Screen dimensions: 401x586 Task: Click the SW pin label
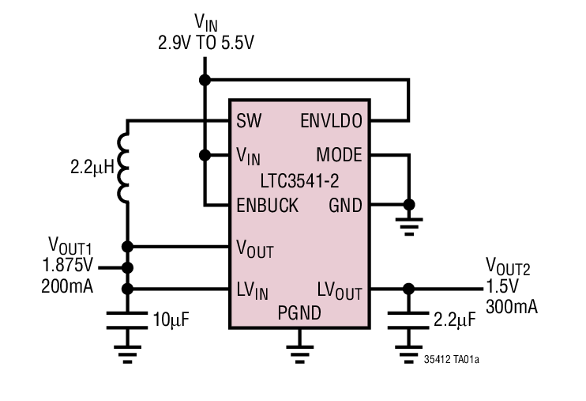[x=248, y=121]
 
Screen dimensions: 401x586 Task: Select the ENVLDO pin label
[x=332, y=121]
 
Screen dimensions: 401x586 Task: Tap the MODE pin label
[x=339, y=155]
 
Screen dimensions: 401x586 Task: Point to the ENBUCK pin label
[x=267, y=206]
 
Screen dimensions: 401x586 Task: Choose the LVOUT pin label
[x=340, y=290]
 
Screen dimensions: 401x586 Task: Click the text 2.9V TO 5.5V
[x=205, y=40]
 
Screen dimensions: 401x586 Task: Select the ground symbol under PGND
[x=298, y=342]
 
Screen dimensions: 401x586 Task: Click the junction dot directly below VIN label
[x=205, y=80]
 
